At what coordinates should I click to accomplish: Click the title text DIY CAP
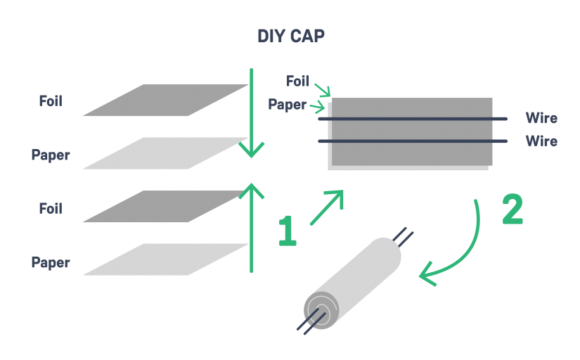pyautogui.click(x=290, y=37)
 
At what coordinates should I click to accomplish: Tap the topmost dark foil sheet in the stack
pyautogui.click(x=166, y=101)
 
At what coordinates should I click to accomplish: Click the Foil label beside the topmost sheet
pyautogui.click(x=51, y=101)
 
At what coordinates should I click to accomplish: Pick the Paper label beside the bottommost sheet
pyautogui.click(x=51, y=262)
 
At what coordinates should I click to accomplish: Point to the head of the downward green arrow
pyautogui.click(x=251, y=150)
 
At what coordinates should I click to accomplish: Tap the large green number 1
pyautogui.click(x=287, y=231)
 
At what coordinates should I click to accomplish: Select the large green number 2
pyautogui.click(x=513, y=210)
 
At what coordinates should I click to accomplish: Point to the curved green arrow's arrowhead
pyautogui.click(x=427, y=275)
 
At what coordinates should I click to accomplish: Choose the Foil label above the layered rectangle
pyautogui.click(x=298, y=81)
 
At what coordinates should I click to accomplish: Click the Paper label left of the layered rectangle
pyautogui.click(x=287, y=105)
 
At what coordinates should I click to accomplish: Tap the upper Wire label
pyautogui.click(x=541, y=117)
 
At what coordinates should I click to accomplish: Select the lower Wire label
pyautogui.click(x=541, y=141)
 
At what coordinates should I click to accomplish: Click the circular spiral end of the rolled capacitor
pyautogui.click(x=319, y=307)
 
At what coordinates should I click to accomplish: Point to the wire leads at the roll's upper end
pyautogui.click(x=404, y=237)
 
